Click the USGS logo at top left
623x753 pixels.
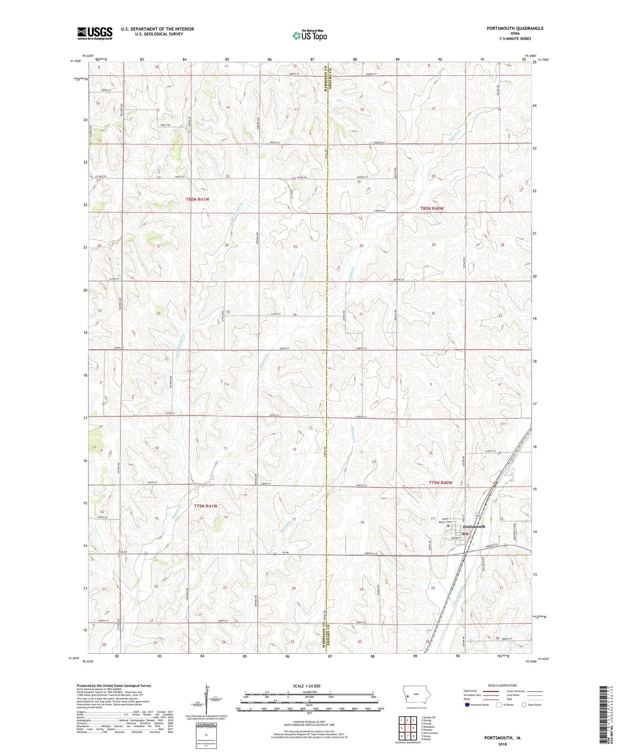[x=95, y=33]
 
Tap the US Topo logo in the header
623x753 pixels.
[x=309, y=35]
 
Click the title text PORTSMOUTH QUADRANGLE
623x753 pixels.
[x=515, y=28]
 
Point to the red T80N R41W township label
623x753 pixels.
[x=197, y=199]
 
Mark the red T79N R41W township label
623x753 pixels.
[x=206, y=506]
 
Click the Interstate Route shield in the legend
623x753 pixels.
[x=467, y=704]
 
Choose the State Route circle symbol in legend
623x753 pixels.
[x=524, y=704]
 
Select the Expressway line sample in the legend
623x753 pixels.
[x=490, y=691]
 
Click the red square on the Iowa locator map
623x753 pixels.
[x=408, y=697]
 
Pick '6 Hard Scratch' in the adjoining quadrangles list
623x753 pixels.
[x=429, y=733]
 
